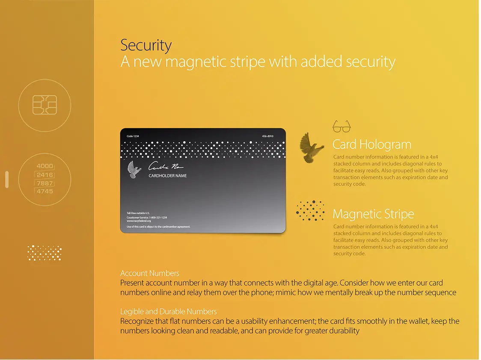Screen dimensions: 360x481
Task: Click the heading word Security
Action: tap(146, 45)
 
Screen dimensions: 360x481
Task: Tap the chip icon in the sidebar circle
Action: tap(45, 105)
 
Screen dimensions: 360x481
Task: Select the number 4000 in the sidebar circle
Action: tap(45, 166)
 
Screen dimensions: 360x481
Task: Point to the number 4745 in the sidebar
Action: tap(45, 191)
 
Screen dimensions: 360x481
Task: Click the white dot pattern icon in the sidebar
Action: tap(45, 253)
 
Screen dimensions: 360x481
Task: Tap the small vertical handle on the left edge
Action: tap(7, 180)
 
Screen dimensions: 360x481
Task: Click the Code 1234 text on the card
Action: tap(133, 136)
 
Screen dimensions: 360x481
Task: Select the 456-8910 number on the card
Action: tap(267, 136)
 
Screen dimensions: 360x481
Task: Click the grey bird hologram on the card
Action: tap(134, 170)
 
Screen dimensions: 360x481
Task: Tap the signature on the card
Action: tap(166, 166)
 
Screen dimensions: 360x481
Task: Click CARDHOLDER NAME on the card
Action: tap(167, 176)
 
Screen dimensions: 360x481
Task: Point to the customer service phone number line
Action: tap(147, 217)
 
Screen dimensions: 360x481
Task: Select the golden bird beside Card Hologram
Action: tap(311, 148)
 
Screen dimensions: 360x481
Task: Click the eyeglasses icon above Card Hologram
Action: tap(341, 127)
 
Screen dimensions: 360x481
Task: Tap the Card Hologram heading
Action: tap(371, 145)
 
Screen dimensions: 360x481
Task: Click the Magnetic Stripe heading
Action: tap(373, 214)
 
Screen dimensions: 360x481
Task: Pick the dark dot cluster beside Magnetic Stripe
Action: tap(311, 210)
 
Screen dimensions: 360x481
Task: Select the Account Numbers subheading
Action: tap(150, 273)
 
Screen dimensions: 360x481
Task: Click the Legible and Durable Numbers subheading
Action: tap(169, 312)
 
